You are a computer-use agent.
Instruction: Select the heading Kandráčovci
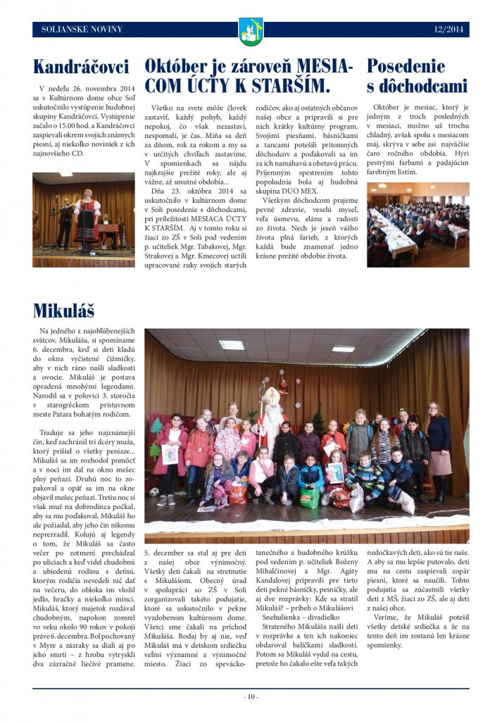point(81,68)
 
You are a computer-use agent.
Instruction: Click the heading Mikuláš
point(63,311)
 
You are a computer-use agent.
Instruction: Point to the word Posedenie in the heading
point(406,66)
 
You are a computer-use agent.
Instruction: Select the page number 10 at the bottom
point(251,697)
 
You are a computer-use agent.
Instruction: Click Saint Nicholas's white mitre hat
point(268,391)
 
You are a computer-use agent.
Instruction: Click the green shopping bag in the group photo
point(309,497)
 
